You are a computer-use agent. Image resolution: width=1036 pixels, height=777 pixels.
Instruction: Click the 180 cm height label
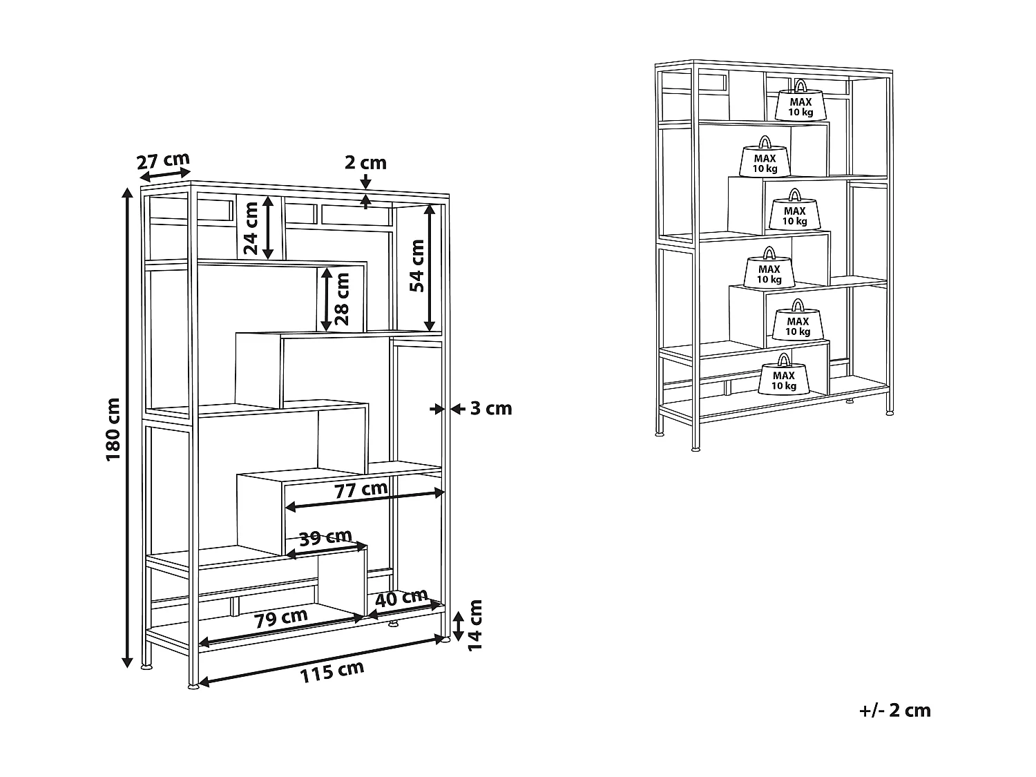[114, 429]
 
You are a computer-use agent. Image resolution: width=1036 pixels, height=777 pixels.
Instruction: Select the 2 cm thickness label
[365, 163]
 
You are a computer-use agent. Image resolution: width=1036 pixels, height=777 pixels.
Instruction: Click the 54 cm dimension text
[417, 265]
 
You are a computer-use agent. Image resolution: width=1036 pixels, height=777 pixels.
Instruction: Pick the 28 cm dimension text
[341, 299]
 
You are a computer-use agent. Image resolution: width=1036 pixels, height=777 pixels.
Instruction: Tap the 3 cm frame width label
[491, 409]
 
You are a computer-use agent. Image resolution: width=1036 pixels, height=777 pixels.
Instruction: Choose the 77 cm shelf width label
[361, 490]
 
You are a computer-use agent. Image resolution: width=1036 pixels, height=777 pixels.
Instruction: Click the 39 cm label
[325, 537]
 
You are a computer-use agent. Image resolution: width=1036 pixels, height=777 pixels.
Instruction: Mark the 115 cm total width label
[332, 672]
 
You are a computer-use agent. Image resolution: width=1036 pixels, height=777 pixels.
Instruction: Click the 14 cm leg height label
[475, 624]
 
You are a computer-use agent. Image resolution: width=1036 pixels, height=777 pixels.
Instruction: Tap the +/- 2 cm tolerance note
[894, 710]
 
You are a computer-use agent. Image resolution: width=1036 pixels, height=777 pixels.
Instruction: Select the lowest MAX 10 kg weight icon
[783, 376]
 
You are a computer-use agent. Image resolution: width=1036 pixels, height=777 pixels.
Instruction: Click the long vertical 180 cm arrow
[127, 428]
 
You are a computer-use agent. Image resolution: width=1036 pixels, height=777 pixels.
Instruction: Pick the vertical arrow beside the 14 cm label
[457, 626]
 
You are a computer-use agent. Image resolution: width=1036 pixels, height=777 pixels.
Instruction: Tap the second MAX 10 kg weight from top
[765, 159]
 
